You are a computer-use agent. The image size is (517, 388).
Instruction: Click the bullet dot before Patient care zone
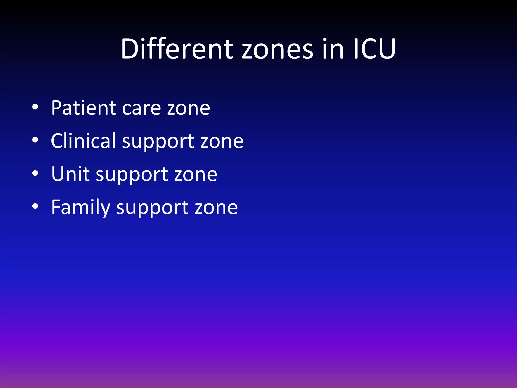tap(35, 107)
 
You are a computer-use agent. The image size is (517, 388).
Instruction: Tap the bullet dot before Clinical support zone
tap(35, 140)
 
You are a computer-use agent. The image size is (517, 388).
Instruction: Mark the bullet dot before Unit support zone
tap(35, 173)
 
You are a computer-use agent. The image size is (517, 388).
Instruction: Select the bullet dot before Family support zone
tap(35, 206)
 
